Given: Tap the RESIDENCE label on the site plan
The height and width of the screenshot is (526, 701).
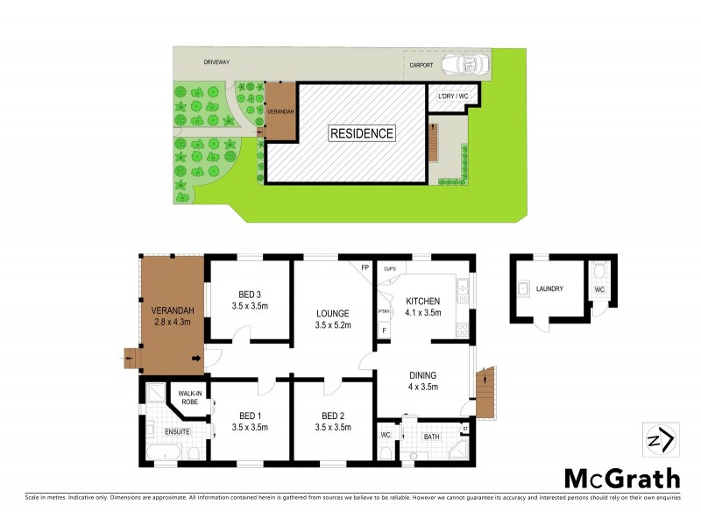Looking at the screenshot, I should coord(362,134).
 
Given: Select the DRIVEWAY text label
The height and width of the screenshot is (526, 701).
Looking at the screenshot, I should coord(216,63).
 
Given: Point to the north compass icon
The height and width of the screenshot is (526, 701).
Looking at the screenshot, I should coord(658,439).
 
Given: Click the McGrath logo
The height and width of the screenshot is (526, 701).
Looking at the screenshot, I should coord(620,478).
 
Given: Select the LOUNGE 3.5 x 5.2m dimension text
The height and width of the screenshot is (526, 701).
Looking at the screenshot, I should coord(334,325).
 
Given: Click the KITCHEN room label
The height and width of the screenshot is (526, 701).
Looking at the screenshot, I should coord(423,302).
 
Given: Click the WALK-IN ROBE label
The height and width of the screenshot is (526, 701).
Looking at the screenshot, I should coord(190,398).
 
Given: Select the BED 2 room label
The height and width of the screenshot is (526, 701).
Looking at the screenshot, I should coord(334,416).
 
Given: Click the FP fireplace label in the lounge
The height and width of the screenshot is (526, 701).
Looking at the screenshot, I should coord(365,267).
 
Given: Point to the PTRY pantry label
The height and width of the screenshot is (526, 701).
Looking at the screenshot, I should coord(384,311).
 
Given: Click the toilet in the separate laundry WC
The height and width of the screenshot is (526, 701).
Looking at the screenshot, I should coord(598,271).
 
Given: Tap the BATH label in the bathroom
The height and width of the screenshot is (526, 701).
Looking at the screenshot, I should coord(431,436).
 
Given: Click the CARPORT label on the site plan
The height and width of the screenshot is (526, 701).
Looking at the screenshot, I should coord(421,65).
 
